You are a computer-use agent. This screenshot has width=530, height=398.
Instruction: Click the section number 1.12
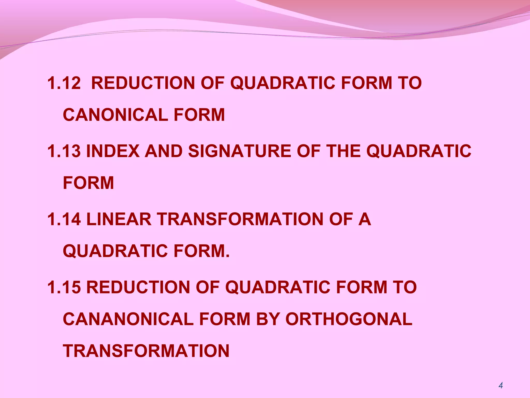click(64, 83)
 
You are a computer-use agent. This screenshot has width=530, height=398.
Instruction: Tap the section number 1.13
click(64, 151)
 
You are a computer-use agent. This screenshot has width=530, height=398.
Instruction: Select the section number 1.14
click(64, 219)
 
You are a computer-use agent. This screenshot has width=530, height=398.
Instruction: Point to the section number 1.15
click(64, 287)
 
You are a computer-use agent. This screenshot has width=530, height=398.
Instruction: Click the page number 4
click(500, 386)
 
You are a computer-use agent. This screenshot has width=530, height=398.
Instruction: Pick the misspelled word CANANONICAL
click(128, 319)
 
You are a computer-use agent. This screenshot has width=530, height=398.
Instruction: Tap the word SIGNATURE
click(239, 151)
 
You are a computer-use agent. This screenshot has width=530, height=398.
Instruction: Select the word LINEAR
click(119, 219)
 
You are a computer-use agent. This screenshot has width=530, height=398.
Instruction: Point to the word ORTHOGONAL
click(349, 319)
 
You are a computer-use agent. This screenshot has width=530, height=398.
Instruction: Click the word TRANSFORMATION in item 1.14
click(240, 219)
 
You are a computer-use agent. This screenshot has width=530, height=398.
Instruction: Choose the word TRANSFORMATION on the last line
click(146, 351)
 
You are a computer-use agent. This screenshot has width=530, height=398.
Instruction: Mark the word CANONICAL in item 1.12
click(115, 115)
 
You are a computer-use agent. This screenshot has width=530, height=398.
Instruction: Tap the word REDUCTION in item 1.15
click(138, 287)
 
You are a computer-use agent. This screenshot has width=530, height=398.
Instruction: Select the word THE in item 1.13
click(343, 151)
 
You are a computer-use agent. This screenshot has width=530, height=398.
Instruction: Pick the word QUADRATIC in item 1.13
click(419, 151)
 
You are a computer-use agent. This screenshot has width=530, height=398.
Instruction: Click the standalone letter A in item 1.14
click(364, 219)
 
